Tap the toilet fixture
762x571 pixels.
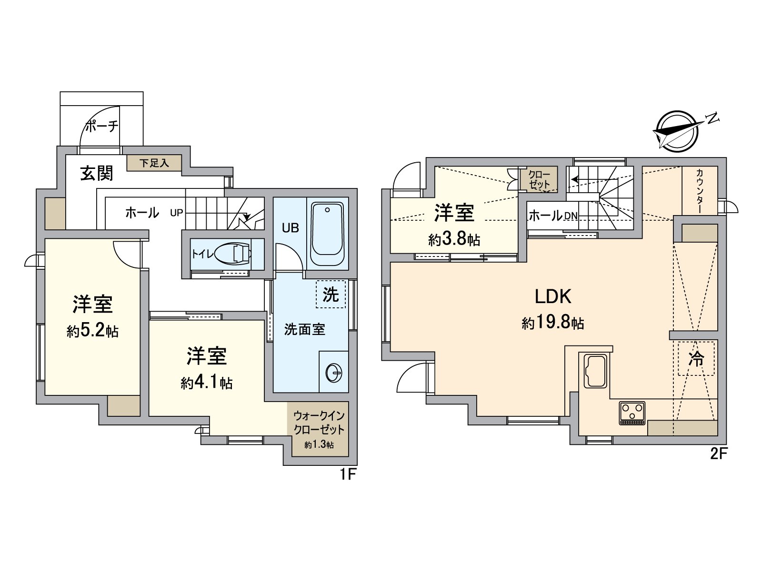click(235, 253)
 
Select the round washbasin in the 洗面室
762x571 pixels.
click(334, 373)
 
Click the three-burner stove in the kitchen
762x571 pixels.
click(632, 413)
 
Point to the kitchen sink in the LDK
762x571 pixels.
click(594, 371)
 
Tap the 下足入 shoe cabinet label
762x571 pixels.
click(154, 163)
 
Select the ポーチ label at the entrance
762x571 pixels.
click(101, 127)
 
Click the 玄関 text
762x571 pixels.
click(97, 173)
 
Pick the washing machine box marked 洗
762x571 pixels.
click(331, 295)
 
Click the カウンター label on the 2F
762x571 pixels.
click(700, 191)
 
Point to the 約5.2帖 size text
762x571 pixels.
click(92, 331)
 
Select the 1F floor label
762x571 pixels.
click(348, 474)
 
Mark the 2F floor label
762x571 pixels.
click(719, 454)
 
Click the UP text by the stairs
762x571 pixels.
click(176, 213)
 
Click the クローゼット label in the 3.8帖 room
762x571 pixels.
click(539, 179)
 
